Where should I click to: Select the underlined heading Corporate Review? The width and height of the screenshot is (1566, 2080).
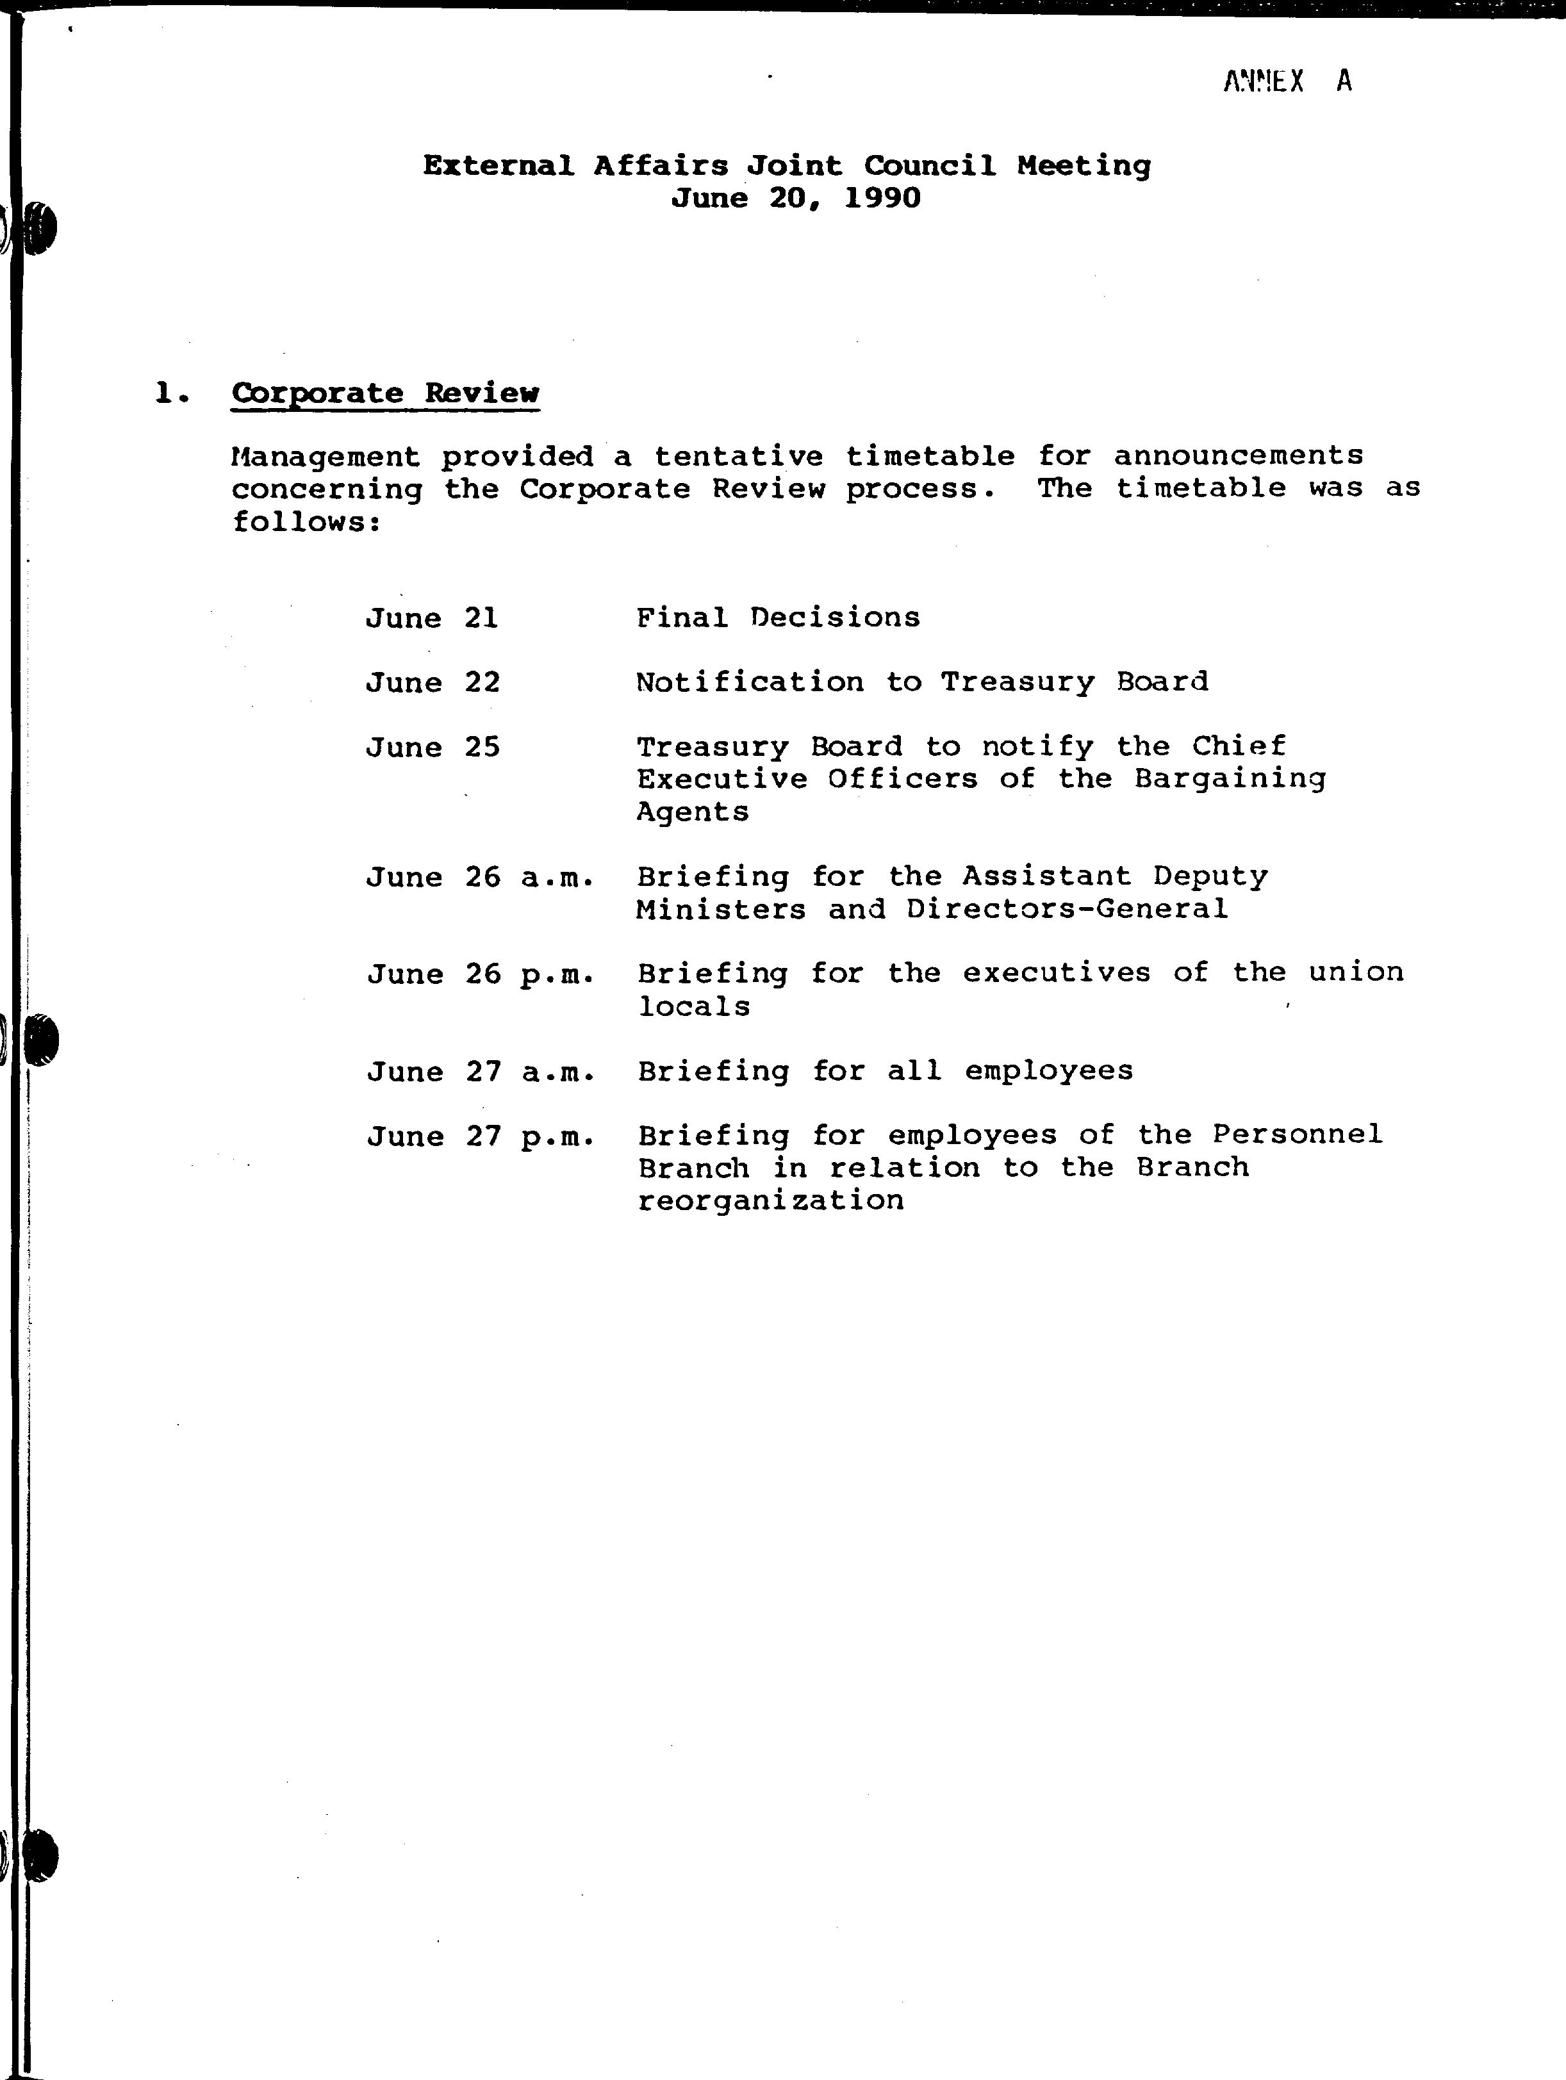[x=386, y=393]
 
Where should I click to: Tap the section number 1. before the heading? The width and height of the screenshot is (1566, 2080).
[x=171, y=393]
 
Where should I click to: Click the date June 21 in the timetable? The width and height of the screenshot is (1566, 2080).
[x=432, y=618]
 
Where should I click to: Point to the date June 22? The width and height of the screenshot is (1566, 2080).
[x=433, y=682]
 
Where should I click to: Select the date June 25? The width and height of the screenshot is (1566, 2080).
[x=433, y=748]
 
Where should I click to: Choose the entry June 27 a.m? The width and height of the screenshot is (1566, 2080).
[x=481, y=1072]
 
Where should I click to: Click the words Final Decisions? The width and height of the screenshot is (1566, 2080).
[x=778, y=618]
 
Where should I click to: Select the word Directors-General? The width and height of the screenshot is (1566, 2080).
[x=1067, y=909]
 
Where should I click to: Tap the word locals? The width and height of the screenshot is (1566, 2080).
[x=694, y=1007]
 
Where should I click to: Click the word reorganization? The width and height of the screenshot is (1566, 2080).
[x=770, y=1201]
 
